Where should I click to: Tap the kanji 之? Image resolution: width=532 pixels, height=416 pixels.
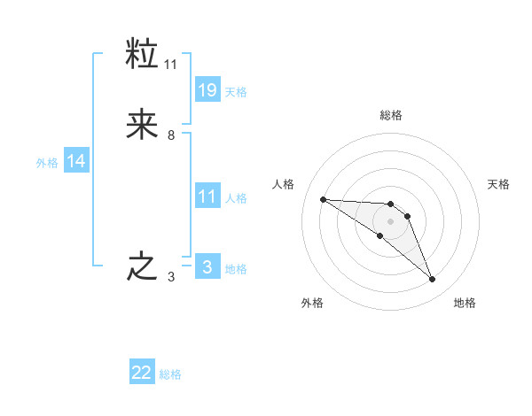pos(143,266)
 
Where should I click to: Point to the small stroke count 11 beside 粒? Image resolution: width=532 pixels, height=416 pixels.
pos(171,65)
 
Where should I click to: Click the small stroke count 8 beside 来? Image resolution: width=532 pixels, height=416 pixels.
pos(171,135)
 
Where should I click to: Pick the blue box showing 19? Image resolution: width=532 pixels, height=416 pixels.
pos(207,89)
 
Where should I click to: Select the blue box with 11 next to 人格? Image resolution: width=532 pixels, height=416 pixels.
pos(207,196)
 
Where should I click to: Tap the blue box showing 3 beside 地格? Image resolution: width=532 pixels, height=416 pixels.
pos(207,266)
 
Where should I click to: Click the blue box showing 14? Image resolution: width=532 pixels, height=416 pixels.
pos(76,161)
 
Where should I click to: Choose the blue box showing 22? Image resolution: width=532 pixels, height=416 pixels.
pos(142,373)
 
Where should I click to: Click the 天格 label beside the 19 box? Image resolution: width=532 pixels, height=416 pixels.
pos(236,92)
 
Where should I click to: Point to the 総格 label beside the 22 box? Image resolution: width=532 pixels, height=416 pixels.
pos(170,375)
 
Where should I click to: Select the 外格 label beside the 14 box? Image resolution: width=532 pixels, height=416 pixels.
pos(47,163)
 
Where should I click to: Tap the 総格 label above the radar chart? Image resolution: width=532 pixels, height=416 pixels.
pos(390,115)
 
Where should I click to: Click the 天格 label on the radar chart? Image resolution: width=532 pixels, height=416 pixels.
pos(498,184)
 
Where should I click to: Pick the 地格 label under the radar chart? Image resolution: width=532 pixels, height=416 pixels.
pos(465,304)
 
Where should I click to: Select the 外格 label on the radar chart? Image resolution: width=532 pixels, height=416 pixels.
pos(312,304)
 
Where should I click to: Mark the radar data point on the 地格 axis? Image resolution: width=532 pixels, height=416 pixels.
pos(433,280)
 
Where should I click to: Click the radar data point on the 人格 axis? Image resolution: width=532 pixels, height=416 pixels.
pos(323,199)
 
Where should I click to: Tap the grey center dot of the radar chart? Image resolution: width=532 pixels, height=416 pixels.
pos(390,221)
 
